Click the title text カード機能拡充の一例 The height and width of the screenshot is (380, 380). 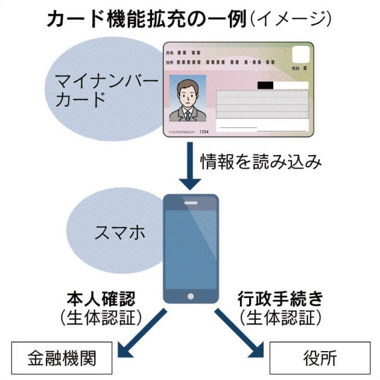(x=145, y=19)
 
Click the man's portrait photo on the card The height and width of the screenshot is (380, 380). (x=188, y=98)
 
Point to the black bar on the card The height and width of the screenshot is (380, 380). (x=268, y=85)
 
